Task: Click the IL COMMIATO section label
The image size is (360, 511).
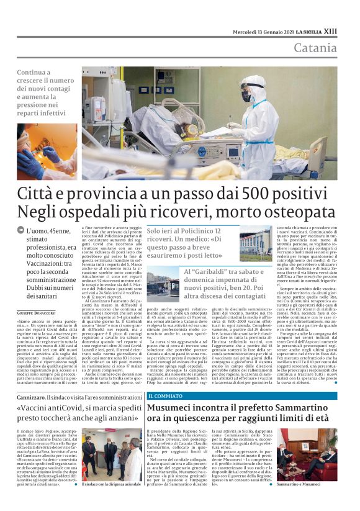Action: coord(166,378)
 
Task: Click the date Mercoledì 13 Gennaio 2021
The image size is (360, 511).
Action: coord(263,32)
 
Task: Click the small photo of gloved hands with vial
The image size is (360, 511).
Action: coord(47,151)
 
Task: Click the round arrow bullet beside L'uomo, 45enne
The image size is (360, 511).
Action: coord(21,230)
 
